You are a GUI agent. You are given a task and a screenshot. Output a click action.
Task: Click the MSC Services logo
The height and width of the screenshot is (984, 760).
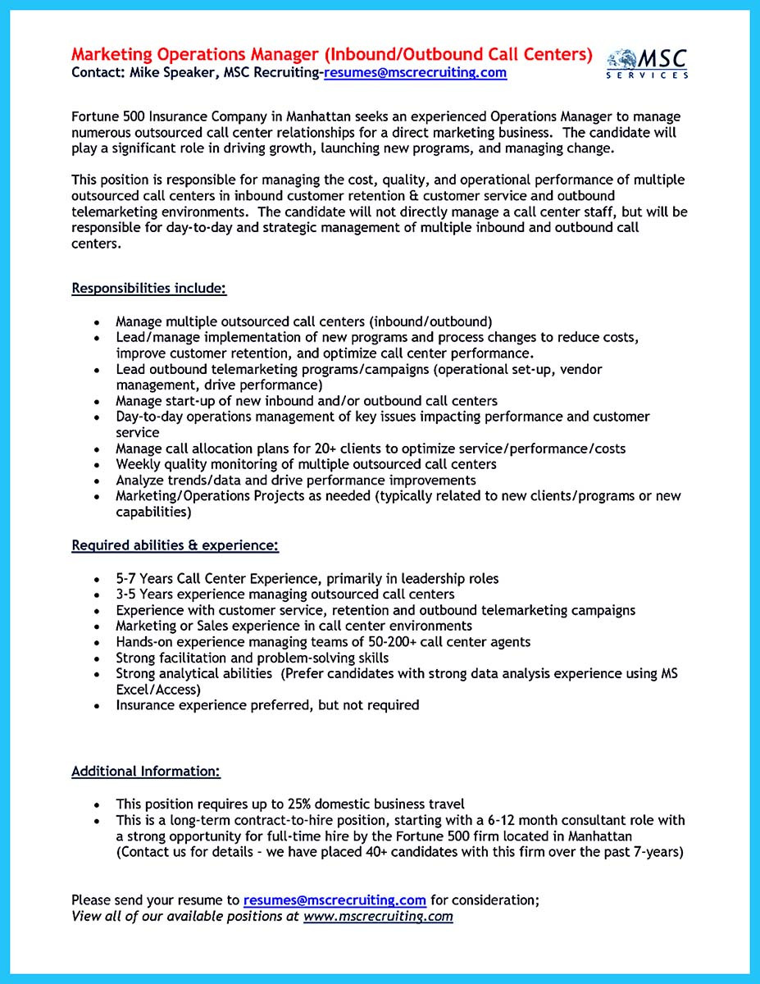coord(648,64)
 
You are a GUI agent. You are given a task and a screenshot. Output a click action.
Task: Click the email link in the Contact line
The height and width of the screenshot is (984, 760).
coord(415,72)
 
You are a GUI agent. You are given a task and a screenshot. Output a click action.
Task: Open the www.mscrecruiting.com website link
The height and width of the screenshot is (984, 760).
coord(378,893)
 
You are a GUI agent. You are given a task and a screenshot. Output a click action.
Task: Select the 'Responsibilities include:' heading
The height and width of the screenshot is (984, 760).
coord(148,288)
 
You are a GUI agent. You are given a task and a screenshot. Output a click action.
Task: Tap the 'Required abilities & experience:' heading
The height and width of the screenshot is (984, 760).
coord(175,544)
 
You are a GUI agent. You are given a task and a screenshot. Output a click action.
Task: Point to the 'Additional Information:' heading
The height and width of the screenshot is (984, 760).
coord(146,771)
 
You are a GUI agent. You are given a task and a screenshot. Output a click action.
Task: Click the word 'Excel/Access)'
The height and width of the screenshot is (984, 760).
coord(158,690)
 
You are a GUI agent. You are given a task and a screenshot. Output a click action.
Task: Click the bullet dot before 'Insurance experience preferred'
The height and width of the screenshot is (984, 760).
coord(97,706)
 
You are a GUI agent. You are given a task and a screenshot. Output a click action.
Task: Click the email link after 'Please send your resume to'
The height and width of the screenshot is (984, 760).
coord(334,877)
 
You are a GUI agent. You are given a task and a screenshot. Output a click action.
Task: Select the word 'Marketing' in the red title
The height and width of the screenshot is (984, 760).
coord(111,54)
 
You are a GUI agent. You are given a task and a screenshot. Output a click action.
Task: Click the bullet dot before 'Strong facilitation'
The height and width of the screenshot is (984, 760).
coord(97,658)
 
